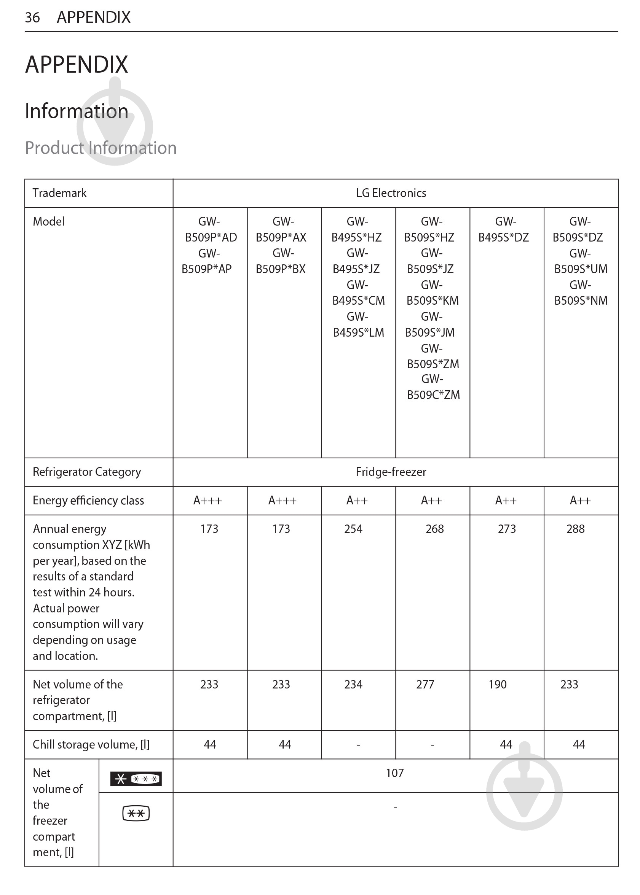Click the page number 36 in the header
point(32,17)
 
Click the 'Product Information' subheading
point(101,148)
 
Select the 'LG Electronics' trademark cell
point(391,193)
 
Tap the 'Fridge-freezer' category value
point(391,472)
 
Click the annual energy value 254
point(353,529)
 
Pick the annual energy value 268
point(434,529)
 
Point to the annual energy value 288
point(575,529)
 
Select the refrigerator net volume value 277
point(425,684)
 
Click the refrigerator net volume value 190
point(497,684)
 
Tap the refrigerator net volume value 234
point(353,684)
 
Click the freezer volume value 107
point(394,773)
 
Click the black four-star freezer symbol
point(136,779)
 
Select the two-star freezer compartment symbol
point(136,813)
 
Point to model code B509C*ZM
point(433,395)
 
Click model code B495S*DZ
point(503,237)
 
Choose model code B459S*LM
point(358,333)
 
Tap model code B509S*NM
point(581,301)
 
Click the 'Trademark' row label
point(59,193)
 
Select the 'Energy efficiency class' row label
point(88,501)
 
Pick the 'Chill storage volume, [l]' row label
point(91,745)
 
